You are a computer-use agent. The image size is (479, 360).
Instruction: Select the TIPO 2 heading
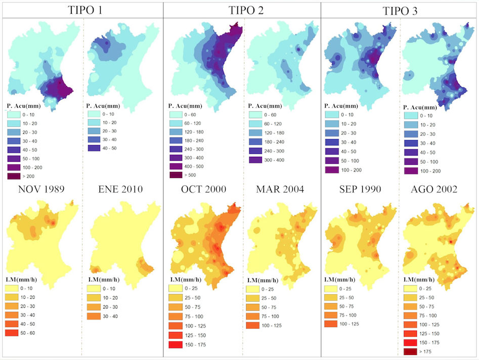tap(242, 10)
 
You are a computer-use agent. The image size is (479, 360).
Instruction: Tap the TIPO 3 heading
tap(401, 10)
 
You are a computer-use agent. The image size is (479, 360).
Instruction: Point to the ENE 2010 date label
tap(120, 190)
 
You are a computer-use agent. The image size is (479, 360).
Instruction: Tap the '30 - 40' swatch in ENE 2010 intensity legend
tap(95, 316)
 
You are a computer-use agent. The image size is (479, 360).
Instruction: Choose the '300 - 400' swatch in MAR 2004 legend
tap(256, 160)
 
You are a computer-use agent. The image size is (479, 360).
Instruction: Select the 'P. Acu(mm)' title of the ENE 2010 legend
tap(105, 106)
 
